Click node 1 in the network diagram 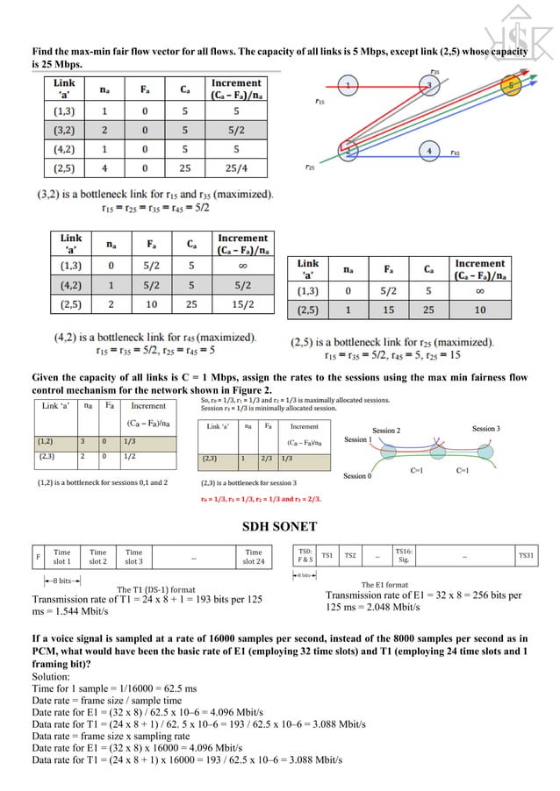coord(348,85)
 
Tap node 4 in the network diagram coord(428,150)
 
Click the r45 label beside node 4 coord(454,153)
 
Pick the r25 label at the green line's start coord(310,167)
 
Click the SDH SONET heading coord(280,529)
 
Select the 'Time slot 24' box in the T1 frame coord(253,558)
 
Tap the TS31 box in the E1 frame coord(526,555)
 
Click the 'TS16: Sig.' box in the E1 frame coord(404,555)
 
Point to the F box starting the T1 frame coord(38,558)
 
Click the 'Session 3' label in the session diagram coord(485,429)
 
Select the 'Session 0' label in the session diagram coord(356,476)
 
